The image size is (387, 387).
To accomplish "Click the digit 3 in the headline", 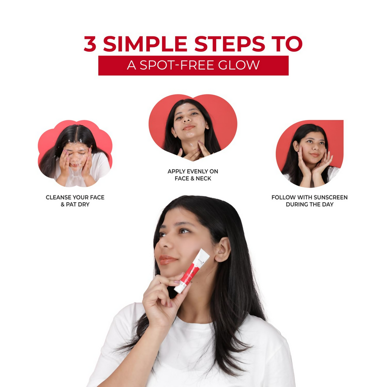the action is (x=90, y=44).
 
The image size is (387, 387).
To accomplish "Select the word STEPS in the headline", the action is (x=229, y=44).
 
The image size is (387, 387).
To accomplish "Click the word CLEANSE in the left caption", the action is (x=58, y=197).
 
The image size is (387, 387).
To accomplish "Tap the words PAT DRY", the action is (x=77, y=205).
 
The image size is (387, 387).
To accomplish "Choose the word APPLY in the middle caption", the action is (x=176, y=171).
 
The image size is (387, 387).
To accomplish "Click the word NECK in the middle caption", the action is (x=204, y=179).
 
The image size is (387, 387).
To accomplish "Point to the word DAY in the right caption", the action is (x=327, y=205).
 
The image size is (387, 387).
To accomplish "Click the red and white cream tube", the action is (x=192, y=271).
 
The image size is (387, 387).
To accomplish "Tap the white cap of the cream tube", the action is (x=179, y=289).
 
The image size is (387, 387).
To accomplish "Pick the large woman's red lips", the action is (x=167, y=260).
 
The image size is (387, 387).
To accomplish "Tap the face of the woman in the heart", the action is (x=189, y=121).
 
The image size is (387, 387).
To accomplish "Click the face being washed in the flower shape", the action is (x=76, y=155).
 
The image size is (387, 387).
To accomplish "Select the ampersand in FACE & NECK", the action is (x=193, y=179).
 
